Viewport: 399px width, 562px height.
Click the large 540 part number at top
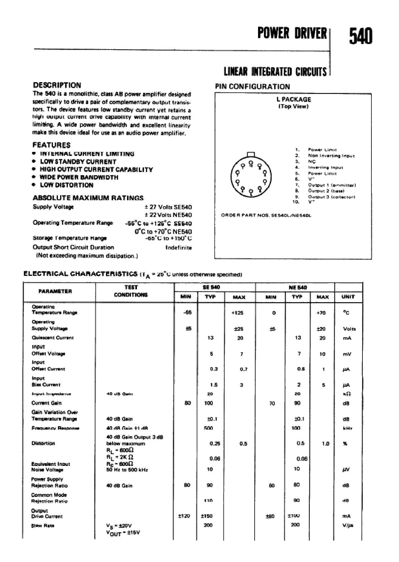pyautogui.click(x=361, y=37)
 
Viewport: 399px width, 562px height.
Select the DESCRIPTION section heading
pyautogui.click(x=57, y=85)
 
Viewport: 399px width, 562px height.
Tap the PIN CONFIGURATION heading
pyautogui.click(x=252, y=87)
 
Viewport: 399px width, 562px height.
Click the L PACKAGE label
pyautogui.click(x=293, y=100)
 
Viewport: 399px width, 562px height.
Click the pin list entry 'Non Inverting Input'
pyautogui.click(x=331, y=156)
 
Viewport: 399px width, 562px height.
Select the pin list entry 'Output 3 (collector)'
pyautogui.click(x=331, y=197)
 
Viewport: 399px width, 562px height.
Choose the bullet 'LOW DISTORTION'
pyautogui.click(x=67, y=185)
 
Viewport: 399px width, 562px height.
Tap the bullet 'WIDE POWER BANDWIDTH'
pyautogui.click(x=79, y=177)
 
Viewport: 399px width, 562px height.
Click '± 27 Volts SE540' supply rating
pyautogui.click(x=169, y=207)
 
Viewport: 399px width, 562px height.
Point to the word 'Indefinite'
pyautogui.click(x=178, y=248)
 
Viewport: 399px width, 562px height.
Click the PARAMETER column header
pyautogui.click(x=55, y=291)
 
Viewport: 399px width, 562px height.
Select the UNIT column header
pyautogui.click(x=348, y=297)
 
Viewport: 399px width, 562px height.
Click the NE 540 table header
pyautogui.click(x=298, y=287)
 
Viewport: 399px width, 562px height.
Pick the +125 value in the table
pyautogui.click(x=238, y=313)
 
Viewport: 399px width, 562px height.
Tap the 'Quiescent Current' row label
pyautogui.click(x=53, y=338)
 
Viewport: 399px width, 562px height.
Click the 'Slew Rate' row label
pyautogui.click(x=43, y=525)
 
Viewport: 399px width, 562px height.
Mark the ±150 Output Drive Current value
pyautogui.click(x=206, y=516)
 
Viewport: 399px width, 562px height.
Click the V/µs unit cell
pyautogui.click(x=348, y=525)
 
